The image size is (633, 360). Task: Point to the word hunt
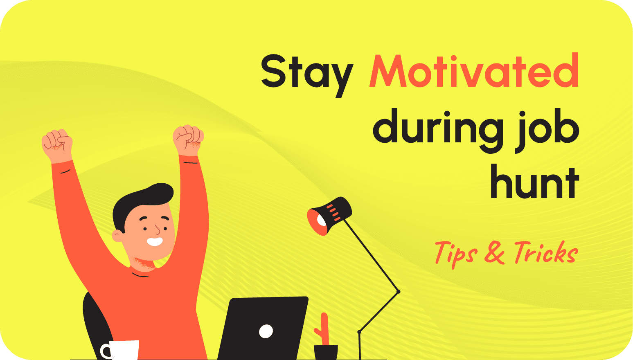coord(534,181)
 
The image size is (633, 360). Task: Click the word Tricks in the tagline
coord(546,253)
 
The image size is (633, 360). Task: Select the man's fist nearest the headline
coord(188,139)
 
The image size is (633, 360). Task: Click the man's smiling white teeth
coord(155,241)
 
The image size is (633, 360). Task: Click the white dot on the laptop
coord(266,331)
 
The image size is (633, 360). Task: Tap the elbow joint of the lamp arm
coord(398,291)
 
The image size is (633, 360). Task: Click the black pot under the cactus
coord(326,352)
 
